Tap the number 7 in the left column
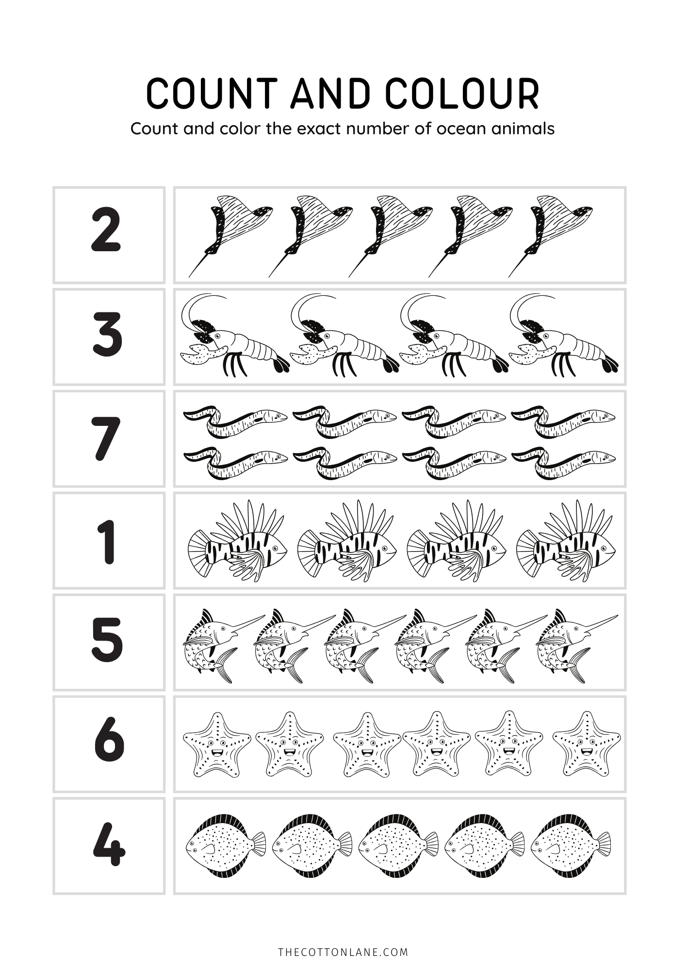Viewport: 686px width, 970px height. pos(106,439)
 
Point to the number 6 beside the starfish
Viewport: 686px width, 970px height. pos(109,740)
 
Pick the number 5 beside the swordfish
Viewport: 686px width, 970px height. pos(107,640)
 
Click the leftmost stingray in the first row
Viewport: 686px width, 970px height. pos(230,235)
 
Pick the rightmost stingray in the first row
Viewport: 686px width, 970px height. pos(551,235)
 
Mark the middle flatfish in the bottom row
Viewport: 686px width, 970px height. pos(398,846)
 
